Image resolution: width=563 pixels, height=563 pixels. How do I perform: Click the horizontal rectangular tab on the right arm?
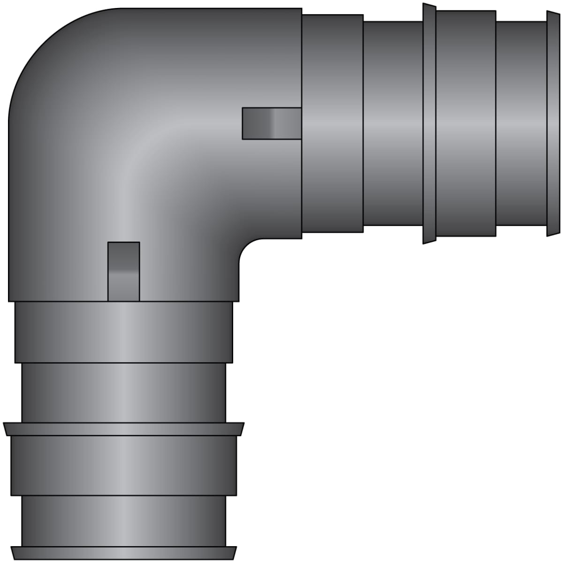coord(272,123)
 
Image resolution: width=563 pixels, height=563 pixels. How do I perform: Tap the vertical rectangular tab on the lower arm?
coord(124,271)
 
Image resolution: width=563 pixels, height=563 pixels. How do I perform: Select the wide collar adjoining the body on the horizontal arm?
coord(332,123)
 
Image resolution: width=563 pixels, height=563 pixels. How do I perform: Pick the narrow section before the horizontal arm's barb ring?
coord(393,123)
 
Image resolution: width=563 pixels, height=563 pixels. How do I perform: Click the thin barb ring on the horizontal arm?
coord(429,123)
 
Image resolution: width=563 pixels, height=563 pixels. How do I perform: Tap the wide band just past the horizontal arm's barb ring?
coord(466,123)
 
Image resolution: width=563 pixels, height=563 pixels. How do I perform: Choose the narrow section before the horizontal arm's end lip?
coord(521,123)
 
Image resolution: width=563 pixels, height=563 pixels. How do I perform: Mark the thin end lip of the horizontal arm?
coord(553,123)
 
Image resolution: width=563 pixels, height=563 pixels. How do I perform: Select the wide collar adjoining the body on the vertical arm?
coord(123,332)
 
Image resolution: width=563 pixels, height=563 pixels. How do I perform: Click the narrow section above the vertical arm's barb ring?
coord(123,393)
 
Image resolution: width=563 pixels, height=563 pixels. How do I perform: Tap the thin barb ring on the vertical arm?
coord(123,429)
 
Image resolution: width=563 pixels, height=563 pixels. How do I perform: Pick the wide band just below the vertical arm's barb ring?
coord(123,465)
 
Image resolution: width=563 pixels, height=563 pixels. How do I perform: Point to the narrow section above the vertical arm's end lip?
coord(123,521)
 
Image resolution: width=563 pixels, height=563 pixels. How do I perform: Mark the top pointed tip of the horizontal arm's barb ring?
coord(424,4)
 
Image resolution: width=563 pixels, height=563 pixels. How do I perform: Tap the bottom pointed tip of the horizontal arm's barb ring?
coord(424,243)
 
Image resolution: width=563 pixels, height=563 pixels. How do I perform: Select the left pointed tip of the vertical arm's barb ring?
coord(4,424)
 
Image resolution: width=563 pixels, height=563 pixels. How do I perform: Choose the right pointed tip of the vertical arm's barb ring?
coord(243,424)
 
